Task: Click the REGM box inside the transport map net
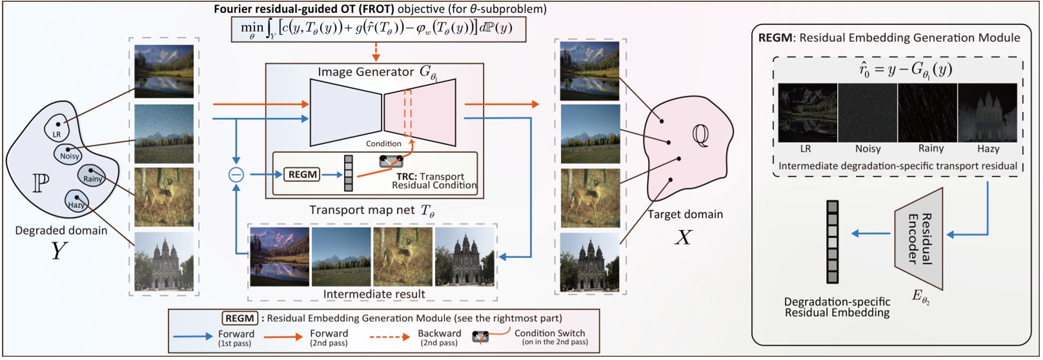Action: point(302,174)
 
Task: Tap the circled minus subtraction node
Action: point(236,174)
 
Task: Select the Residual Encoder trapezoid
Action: point(919,239)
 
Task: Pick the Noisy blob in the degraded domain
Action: point(69,154)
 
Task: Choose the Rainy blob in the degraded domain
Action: point(92,176)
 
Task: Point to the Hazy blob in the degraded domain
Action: point(76,201)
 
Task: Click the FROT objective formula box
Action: point(379,29)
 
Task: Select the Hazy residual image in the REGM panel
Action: point(987,112)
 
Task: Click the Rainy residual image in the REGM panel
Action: point(927,112)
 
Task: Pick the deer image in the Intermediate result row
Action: point(403,256)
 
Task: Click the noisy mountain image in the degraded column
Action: point(164,134)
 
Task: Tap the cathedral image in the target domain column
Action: point(590,262)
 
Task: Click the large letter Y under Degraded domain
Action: point(59,250)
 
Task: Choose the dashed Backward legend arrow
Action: point(389,337)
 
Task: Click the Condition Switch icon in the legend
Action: point(481,337)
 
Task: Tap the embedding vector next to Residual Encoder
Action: point(833,242)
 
